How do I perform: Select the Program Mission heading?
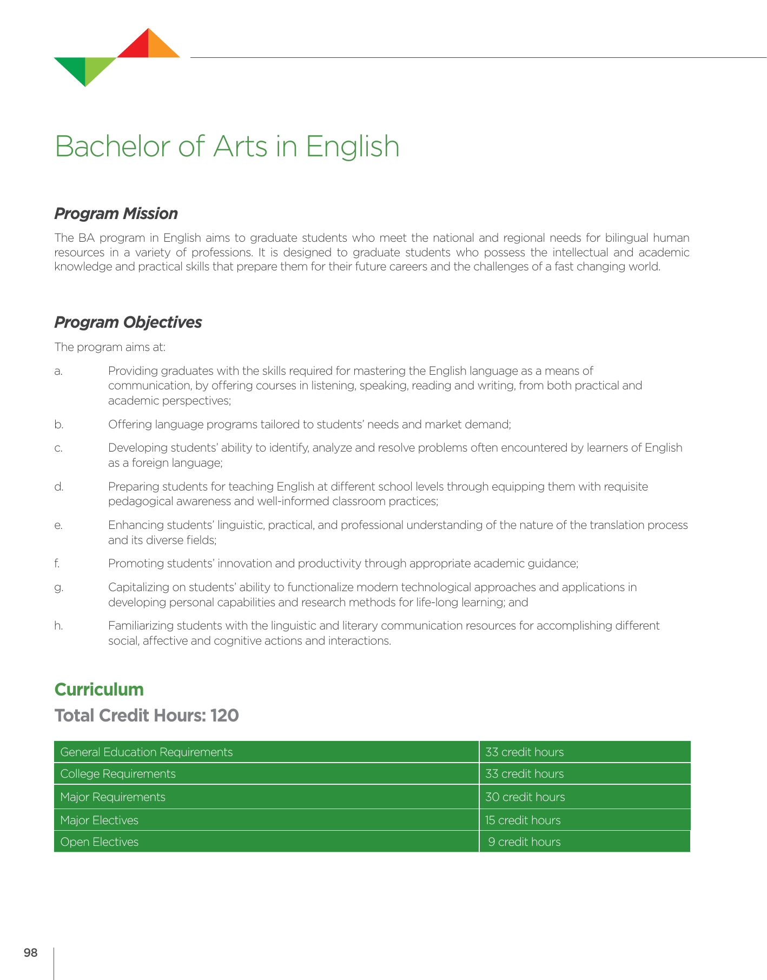tap(116, 214)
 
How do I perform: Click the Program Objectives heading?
tap(128, 322)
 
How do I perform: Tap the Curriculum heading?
tap(99, 690)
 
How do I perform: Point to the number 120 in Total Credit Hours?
tap(224, 716)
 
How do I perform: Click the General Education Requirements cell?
tap(147, 752)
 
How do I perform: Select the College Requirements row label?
tap(118, 774)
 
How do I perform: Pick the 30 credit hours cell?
tap(525, 797)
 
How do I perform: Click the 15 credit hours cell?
tap(523, 820)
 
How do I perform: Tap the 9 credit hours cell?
tap(524, 842)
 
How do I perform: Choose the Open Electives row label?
tap(100, 842)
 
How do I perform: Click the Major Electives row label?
tap(100, 820)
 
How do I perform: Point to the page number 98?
tap(31, 953)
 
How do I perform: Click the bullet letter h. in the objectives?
tap(58, 626)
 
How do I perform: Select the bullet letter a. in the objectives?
tap(58, 371)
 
